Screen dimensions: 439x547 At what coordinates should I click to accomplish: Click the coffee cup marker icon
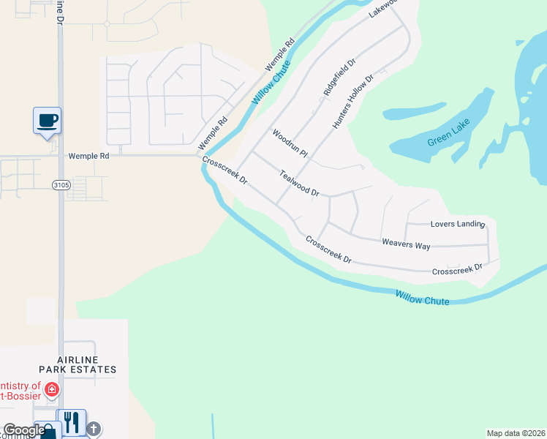point(47,119)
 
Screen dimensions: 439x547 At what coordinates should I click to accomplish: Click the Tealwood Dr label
point(300,183)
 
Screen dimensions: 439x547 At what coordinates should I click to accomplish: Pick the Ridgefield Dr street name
point(340,78)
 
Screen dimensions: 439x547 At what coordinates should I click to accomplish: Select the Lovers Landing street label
point(458,224)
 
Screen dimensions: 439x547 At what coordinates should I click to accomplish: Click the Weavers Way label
point(406,244)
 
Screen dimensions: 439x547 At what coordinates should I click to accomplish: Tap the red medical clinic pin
point(52,389)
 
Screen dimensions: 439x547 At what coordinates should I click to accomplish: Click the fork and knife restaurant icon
point(71,421)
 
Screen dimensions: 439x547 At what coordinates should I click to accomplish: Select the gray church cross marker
point(94,428)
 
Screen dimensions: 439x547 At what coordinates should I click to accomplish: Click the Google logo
point(24,430)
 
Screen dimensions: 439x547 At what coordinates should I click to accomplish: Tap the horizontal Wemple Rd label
point(88,156)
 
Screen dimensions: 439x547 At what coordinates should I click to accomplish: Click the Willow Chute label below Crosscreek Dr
point(422,297)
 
